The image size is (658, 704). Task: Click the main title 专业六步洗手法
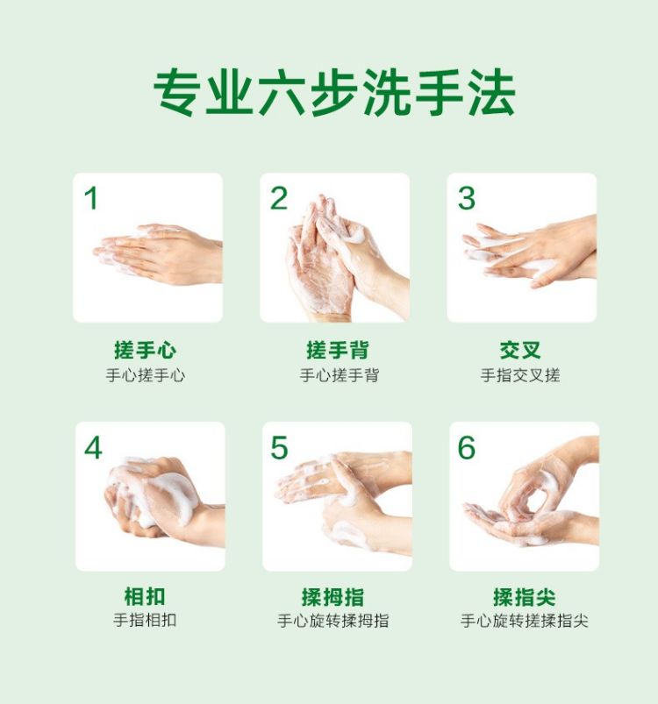click(334, 93)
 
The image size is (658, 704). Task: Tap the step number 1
click(91, 198)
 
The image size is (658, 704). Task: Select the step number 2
click(279, 198)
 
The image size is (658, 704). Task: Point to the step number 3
click(466, 198)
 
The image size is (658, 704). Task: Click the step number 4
click(93, 448)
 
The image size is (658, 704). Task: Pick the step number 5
click(279, 448)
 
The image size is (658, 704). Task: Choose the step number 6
click(466, 448)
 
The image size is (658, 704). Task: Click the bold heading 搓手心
click(145, 350)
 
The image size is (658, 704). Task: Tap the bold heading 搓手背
click(337, 350)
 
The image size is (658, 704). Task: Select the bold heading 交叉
click(520, 350)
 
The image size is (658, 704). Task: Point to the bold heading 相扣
click(145, 597)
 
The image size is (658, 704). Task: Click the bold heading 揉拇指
click(333, 597)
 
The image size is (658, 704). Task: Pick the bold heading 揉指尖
click(524, 597)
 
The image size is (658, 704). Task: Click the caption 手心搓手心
click(145, 375)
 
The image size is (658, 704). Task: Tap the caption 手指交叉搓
click(520, 375)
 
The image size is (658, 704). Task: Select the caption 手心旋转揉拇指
click(333, 621)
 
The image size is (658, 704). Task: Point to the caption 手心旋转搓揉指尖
click(524, 621)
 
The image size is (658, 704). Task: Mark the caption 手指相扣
click(145, 620)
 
